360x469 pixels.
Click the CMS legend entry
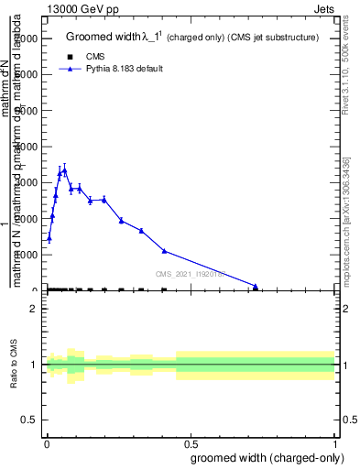(93, 57)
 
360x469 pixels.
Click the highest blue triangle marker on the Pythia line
(64, 169)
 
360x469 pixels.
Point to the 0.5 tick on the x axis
(191, 444)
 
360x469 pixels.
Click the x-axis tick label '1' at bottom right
(336, 444)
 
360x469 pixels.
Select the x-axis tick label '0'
(47, 444)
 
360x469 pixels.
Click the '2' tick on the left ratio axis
(34, 310)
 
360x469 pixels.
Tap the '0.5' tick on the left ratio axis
(29, 420)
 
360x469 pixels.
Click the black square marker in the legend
(70, 57)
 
